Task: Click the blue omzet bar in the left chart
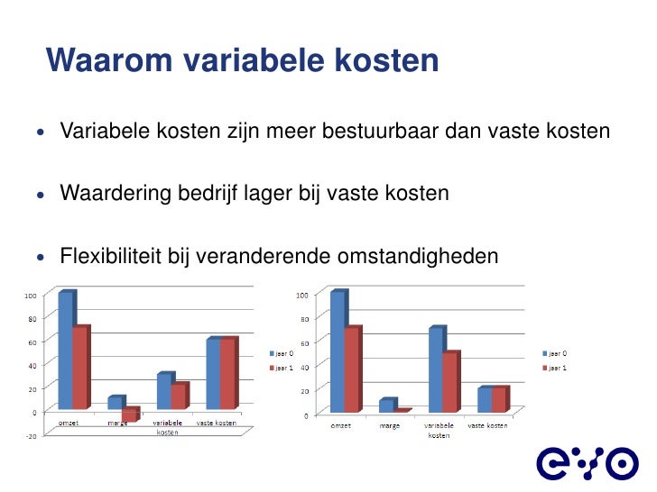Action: tap(65, 351)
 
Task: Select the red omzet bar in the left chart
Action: tap(80, 368)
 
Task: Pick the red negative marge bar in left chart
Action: tap(130, 415)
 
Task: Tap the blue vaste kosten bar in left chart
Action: tap(213, 374)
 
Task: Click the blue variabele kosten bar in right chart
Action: tap(436, 369)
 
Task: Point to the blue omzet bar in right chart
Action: tap(338, 352)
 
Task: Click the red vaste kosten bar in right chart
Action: tap(498, 399)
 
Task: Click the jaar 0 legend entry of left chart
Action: tap(279, 352)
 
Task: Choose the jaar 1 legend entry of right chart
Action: tap(554, 368)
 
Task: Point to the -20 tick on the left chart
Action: tap(30, 436)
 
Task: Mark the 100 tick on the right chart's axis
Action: tap(302, 295)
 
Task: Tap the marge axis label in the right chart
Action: tap(391, 426)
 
